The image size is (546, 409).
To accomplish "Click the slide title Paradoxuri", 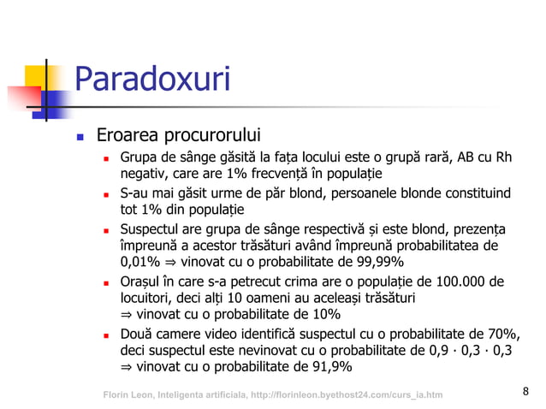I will pyautogui.click(x=153, y=80).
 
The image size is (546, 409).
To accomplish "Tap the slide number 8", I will pyautogui.click(x=525, y=392).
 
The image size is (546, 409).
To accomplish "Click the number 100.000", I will pyautogui.click(x=462, y=282).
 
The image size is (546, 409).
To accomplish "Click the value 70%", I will pyautogui.click(x=504, y=333).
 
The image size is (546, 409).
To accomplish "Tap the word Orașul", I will pyautogui.click(x=143, y=282).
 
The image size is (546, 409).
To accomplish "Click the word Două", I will pyautogui.click(x=138, y=333).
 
